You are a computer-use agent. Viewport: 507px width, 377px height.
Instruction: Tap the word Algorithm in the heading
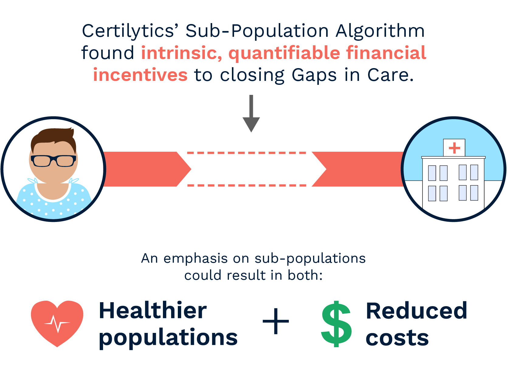click(380, 31)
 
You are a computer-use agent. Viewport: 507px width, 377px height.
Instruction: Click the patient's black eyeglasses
click(53, 161)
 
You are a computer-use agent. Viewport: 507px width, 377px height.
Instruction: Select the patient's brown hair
click(53, 137)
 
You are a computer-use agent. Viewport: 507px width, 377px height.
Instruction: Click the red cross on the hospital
click(454, 148)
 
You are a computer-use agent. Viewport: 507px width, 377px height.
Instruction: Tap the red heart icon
click(57, 323)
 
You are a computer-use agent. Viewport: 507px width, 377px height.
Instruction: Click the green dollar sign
click(336, 324)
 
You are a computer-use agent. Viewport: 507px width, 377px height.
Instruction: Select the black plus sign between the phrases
click(276, 322)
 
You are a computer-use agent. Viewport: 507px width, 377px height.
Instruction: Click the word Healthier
click(153, 311)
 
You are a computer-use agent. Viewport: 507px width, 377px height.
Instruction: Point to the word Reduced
click(416, 311)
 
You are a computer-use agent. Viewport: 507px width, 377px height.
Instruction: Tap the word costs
click(397, 338)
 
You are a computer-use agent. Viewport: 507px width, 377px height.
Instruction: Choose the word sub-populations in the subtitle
click(310, 259)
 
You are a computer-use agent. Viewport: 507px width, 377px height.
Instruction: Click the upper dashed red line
click(247, 153)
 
